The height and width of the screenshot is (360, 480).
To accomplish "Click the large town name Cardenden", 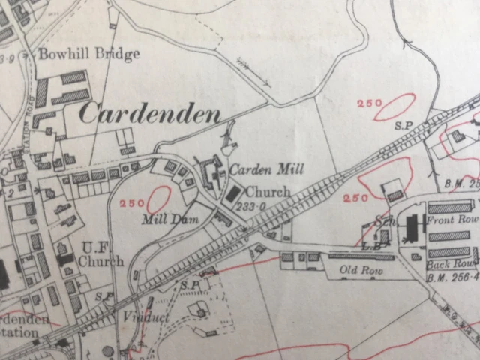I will click(x=150, y=113).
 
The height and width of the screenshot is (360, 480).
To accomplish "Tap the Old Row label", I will click(x=356, y=268).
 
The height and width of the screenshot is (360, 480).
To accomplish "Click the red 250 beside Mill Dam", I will click(x=130, y=203).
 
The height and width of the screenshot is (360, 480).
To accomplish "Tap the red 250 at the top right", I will click(x=370, y=103).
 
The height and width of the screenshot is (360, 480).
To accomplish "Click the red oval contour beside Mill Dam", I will click(x=157, y=200).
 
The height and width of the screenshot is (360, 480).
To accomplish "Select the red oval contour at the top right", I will click(x=394, y=106).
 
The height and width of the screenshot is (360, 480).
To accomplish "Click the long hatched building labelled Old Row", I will click(x=361, y=256).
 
